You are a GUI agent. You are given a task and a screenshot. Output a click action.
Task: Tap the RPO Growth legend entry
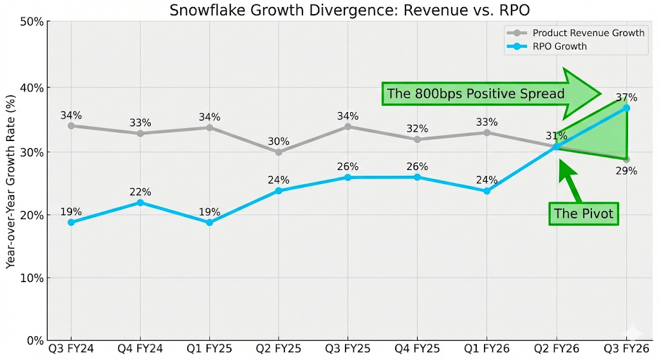coord(559,46)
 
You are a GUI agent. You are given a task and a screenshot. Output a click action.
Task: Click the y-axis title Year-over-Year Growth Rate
coord(11,182)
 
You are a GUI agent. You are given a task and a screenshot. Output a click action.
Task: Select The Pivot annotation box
coord(584,214)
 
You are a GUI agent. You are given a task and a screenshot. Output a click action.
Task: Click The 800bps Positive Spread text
coord(476,94)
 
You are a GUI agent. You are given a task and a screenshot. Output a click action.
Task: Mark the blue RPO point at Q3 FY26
coord(626,108)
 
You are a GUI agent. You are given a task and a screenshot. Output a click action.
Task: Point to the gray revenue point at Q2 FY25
coord(279,152)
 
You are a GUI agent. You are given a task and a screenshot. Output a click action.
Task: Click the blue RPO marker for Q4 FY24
coord(140,203)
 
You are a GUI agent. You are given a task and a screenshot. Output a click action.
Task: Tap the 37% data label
coord(626,98)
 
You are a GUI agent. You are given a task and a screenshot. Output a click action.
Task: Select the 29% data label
coord(626,171)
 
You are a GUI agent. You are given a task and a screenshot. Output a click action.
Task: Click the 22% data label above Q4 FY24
coord(140,192)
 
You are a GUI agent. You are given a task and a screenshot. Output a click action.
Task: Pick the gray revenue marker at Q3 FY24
coord(71,126)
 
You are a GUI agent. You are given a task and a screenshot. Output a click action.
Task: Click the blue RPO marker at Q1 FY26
coord(487,191)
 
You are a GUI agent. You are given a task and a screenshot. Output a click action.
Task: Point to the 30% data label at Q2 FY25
coord(279,141)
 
